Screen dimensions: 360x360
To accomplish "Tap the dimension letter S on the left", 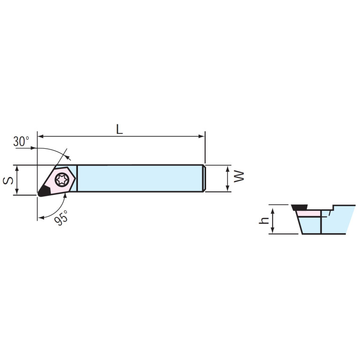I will click(8, 179).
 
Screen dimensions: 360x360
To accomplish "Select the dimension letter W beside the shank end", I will click(240, 176).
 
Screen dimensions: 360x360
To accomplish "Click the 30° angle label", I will click(21, 141).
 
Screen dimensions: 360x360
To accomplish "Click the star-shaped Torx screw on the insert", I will click(61, 179).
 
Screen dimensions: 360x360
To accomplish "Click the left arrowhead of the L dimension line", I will click(40, 137).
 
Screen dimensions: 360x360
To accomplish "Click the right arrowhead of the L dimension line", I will click(202, 137).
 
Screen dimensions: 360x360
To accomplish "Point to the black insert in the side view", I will click(298, 207).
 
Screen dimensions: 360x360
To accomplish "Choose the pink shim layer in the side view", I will click(307, 214).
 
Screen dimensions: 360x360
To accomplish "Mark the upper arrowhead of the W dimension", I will click(228, 168).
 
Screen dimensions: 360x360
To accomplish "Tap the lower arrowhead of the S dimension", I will click(17, 191).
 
